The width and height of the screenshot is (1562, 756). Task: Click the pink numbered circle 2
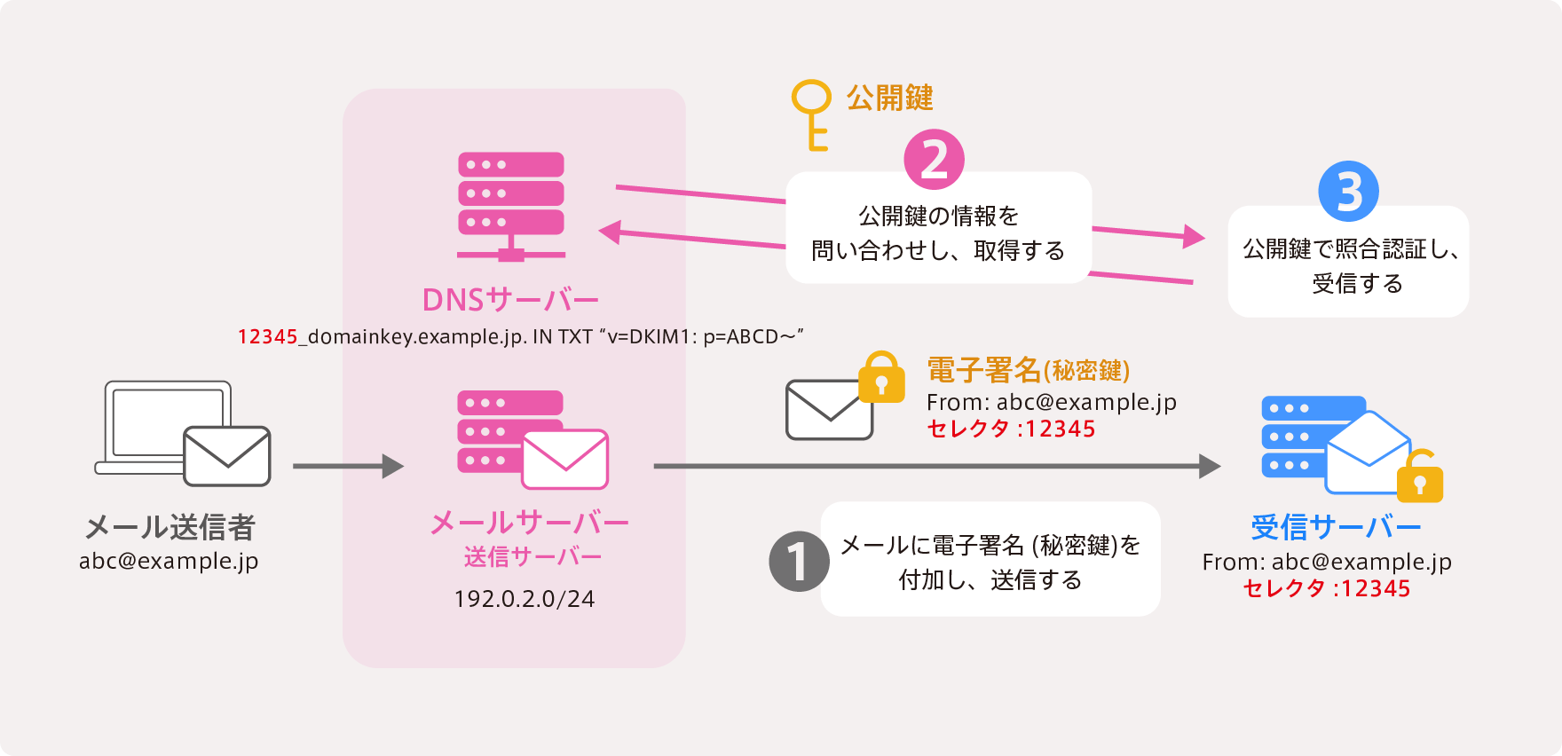coord(934,160)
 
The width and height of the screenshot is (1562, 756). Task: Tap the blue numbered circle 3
coord(1348,191)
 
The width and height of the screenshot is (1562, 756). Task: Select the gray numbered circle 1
coord(799,561)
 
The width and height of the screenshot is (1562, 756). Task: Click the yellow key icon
coord(811,113)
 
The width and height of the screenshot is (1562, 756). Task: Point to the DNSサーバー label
coord(510,300)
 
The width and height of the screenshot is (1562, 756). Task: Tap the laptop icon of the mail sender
coord(164,426)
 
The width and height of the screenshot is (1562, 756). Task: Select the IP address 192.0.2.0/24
coord(524,599)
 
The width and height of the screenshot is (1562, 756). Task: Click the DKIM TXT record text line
coord(520,337)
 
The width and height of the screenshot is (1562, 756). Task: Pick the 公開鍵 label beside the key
coord(889,98)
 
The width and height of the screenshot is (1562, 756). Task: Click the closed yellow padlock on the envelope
coord(881,378)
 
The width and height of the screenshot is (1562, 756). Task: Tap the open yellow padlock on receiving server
coord(1419,476)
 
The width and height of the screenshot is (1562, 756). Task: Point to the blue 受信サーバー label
coord(1336,527)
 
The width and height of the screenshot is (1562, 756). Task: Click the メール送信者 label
coord(170,527)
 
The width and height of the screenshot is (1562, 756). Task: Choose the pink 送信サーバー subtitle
coord(532,557)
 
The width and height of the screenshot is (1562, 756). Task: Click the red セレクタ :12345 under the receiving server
coord(1326,588)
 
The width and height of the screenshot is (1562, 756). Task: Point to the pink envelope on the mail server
coord(564,460)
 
